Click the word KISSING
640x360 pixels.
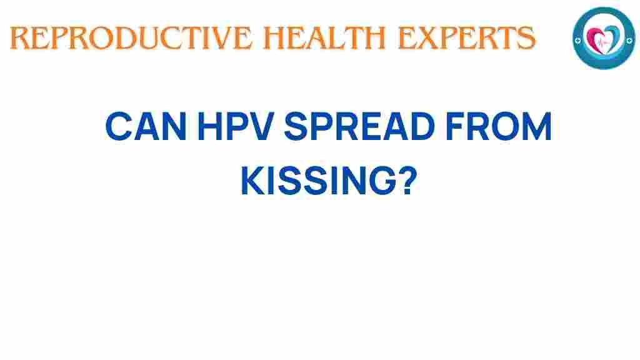point(312,182)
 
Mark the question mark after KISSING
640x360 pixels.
point(406,182)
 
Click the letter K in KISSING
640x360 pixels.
point(252,182)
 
